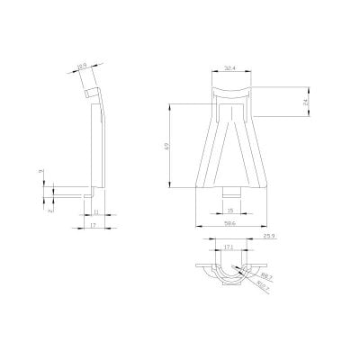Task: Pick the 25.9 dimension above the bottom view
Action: pos(268,237)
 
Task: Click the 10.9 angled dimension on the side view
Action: pos(82,66)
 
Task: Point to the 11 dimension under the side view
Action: pos(94,211)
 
